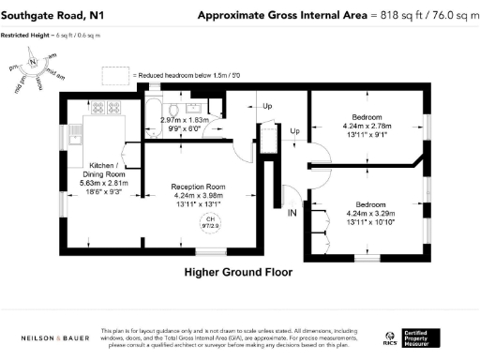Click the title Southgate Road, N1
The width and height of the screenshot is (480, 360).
[x=51, y=16]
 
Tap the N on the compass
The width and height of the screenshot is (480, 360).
[x=33, y=61]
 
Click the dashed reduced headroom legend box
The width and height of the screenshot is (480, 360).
[x=115, y=73]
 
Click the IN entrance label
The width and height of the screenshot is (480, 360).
[x=292, y=215]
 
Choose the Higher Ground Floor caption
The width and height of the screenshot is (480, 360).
[x=238, y=273]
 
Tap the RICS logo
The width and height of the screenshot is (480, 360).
[x=389, y=337]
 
